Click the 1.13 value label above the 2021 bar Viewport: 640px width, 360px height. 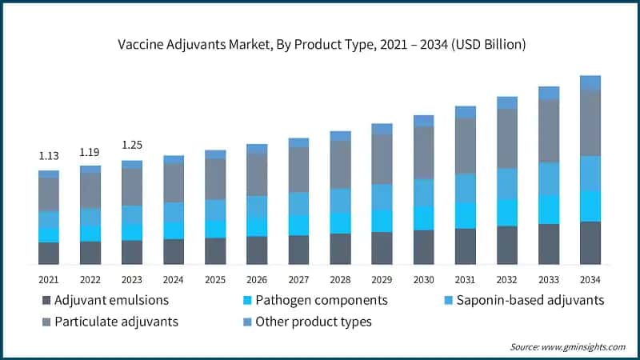49,156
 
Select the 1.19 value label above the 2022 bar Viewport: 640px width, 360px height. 90,151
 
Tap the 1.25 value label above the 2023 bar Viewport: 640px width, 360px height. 132,145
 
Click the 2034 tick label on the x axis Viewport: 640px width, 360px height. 590,278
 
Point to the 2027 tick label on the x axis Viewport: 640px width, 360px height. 298,278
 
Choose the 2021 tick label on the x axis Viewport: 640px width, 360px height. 49,278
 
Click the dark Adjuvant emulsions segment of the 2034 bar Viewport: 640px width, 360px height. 590,242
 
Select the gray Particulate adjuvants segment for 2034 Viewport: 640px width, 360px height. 590,122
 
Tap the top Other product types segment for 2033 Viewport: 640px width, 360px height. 549,93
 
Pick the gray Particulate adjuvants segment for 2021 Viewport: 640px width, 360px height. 49,194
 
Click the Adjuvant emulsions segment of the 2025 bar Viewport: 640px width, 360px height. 215,251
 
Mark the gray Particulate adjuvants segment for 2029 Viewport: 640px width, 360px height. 382,159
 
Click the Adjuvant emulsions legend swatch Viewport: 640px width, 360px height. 46,301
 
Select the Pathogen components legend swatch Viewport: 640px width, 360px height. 247,301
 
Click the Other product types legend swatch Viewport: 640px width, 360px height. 247,322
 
